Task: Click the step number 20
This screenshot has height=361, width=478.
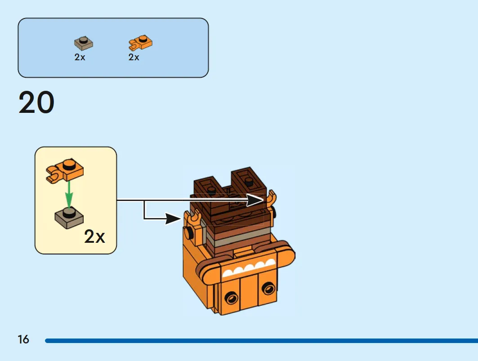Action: coord(36,102)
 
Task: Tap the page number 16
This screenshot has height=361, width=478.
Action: coord(23,339)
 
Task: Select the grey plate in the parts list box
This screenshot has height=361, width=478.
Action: coord(84,43)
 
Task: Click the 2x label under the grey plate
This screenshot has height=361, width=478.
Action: coord(80,57)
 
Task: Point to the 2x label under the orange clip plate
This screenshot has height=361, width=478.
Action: coord(134,57)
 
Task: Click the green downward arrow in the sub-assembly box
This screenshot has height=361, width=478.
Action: coord(69,194)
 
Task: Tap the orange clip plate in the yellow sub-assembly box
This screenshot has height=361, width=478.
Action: coord(65,170)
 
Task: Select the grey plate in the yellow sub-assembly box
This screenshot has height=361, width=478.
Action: coord(69,218)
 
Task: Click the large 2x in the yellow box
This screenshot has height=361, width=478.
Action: coord(94,236)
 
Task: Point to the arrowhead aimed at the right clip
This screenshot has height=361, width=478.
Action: coord(255,201)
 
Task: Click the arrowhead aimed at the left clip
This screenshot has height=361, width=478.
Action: coord(173,218)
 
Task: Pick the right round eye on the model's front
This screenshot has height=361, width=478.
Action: coord(268,288)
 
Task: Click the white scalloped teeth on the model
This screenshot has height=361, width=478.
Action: coord(249,268)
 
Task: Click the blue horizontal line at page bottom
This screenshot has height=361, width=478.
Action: coord(262,341)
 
